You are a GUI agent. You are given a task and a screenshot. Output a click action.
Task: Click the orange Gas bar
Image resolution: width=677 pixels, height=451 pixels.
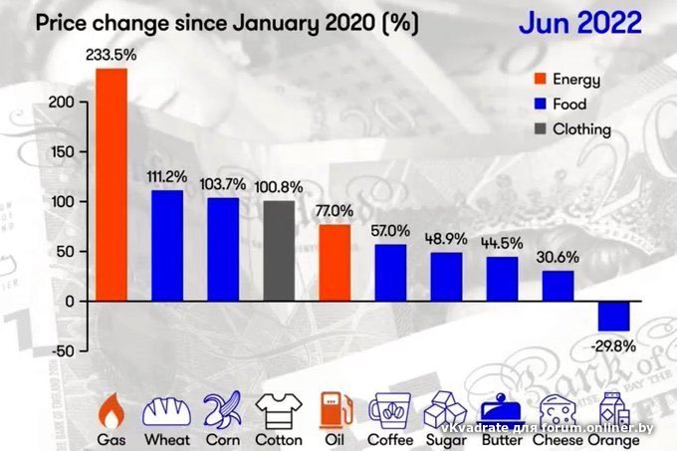[x=111, y=184]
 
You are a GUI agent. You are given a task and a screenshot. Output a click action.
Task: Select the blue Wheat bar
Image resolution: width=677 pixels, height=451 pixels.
[x=166, y=245]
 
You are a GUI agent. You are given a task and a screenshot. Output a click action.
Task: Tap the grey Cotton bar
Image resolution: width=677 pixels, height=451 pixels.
[x=279, y=250]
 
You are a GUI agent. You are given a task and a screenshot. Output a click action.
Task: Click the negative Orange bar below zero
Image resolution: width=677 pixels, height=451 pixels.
[x=614, y=315]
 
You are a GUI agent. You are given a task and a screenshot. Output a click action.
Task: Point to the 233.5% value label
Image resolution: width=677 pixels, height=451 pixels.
[x=110, y=58]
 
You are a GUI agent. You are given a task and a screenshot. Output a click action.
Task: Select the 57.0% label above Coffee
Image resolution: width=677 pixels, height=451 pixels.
[x=390, y=231]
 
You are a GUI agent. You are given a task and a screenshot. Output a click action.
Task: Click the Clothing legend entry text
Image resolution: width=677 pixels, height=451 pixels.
[x=581, y=128]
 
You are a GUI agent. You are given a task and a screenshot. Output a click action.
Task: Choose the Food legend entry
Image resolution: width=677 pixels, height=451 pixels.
[x=569, y=104]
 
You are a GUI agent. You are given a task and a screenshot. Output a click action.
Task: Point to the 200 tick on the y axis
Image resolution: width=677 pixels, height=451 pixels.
[x=63, y=103]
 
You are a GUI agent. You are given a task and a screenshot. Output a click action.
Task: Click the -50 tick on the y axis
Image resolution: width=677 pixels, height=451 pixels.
[x=63, y=350]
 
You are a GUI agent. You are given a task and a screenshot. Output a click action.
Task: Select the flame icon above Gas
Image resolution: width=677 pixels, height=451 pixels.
[x=111, y=408]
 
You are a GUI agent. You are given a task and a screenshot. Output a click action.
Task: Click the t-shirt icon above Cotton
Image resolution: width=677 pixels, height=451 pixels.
[x=279, y=408]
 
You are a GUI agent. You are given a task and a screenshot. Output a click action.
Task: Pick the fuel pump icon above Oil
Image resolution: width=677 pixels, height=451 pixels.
[x=335, y=408]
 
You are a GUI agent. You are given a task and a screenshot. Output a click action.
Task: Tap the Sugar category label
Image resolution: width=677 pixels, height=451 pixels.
[x=446, y=438]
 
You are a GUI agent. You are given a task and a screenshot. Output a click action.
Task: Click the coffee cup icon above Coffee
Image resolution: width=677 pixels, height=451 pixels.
[x=389, y=408]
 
